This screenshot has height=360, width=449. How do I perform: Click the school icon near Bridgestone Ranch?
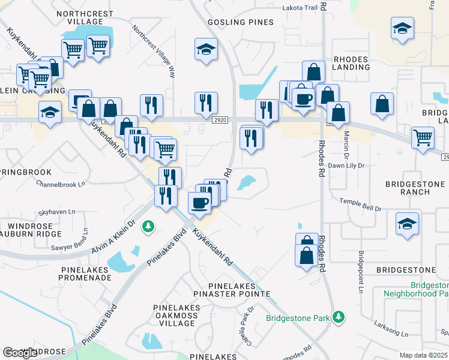tap(407, 224)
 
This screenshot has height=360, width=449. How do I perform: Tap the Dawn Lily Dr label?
tap(348, 165)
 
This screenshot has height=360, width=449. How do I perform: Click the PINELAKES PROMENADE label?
tap(85, 274)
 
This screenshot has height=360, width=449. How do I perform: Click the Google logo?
tap(20, 353)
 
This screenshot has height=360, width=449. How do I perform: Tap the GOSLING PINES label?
tap(240, 22)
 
